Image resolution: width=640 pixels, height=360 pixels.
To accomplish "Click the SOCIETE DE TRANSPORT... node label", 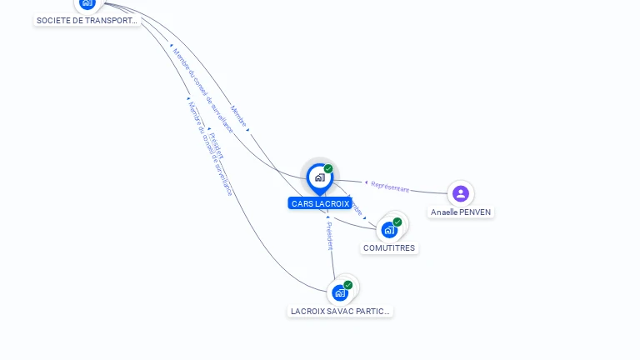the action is click(x=87, y=20).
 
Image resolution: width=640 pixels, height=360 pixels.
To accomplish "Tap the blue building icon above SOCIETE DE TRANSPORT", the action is click(x=87, y=3).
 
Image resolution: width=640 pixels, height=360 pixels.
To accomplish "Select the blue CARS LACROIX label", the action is click(x=320, y=203).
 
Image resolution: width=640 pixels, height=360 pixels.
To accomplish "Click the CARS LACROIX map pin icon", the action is click(x=319, y=177).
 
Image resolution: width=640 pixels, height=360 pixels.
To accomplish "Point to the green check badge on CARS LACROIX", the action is click(x=328, y=169).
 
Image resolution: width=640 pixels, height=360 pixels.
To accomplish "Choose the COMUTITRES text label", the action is click(x=389, y=247).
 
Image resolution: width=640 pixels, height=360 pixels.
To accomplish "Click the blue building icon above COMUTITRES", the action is click(x=388, y=230).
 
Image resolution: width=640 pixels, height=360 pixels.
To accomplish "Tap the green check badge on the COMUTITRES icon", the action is click(x=397, y=222).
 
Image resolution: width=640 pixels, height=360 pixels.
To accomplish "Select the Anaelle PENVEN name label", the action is click(x=461, y=212).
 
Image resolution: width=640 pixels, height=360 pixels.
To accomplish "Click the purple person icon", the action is click(x=461, y=194).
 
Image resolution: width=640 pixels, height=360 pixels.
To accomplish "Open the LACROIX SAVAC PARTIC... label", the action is click(x=340, y=311).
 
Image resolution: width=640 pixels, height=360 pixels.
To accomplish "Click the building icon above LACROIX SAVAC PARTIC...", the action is click(x=339, y=293).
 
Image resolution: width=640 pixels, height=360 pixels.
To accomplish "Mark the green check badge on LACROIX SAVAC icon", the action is click(x=348, y=285).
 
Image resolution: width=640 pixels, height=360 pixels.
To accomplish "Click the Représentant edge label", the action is click(x=390, y=187).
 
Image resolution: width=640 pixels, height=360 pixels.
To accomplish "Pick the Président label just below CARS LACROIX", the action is click(x=329, y=236).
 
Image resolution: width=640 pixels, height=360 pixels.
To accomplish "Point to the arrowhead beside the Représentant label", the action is click(x=366, y=182).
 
